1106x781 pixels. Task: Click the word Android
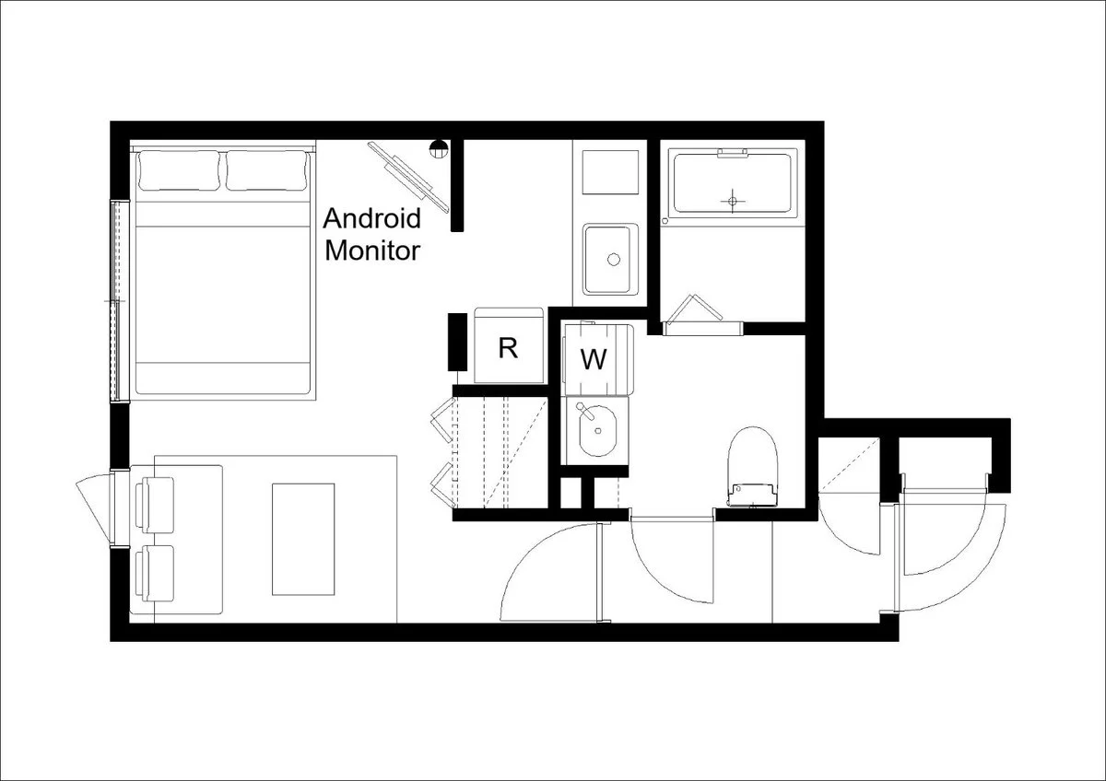coord(371,218)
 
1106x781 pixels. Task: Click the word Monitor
coord(372,251)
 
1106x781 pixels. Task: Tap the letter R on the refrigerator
coord(508,348)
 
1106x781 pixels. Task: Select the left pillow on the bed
coord(179,170)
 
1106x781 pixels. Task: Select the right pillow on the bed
coord(266,170)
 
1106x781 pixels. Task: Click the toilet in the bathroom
coord(752,467)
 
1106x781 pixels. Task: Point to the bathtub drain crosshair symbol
coord(732,201)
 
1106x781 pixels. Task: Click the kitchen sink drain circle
coord(614,259)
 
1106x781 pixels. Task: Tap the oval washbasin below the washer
coord(597,430)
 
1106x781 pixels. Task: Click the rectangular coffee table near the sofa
coord(303,540)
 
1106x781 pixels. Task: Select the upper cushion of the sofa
coord(155,506)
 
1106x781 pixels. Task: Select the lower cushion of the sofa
coord(155,574)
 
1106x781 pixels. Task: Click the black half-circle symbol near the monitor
coord(439,148)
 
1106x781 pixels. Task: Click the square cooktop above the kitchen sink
coord(610,172)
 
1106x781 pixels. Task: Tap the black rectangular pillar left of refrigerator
coord(457,342)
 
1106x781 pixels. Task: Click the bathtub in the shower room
coord(733,183)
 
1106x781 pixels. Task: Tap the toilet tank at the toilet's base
coord(752,495)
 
